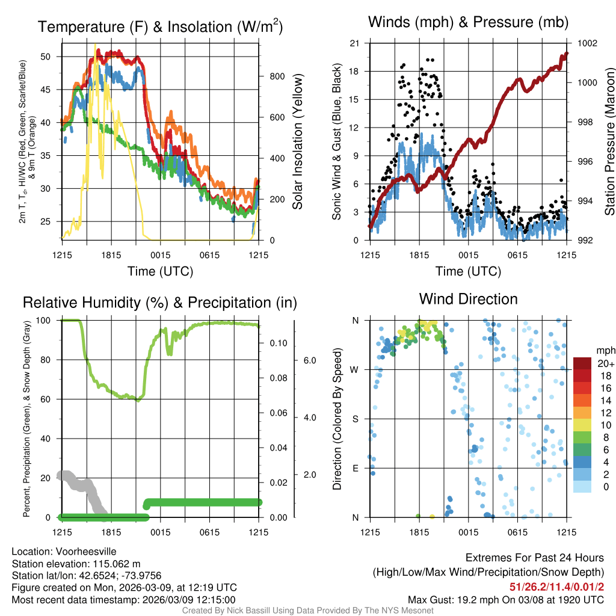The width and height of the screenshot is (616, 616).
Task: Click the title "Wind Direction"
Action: [x=468, y=299]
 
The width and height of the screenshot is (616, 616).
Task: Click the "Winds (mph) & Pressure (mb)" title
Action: [x=468, y=22]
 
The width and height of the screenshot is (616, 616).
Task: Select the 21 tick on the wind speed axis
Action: [x=354, y=43]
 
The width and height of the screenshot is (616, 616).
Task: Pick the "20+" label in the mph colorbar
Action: [x=605, y=363]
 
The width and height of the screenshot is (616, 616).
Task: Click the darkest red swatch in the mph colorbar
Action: [x=584, y=363]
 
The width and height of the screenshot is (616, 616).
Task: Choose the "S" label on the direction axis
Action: [x=356, y=419]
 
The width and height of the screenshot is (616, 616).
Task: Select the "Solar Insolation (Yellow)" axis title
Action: [x=298, y=142]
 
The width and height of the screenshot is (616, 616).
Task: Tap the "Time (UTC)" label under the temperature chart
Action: [x=160, y=271]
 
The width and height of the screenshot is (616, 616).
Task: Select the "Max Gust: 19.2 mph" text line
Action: [x=506, y=599]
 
